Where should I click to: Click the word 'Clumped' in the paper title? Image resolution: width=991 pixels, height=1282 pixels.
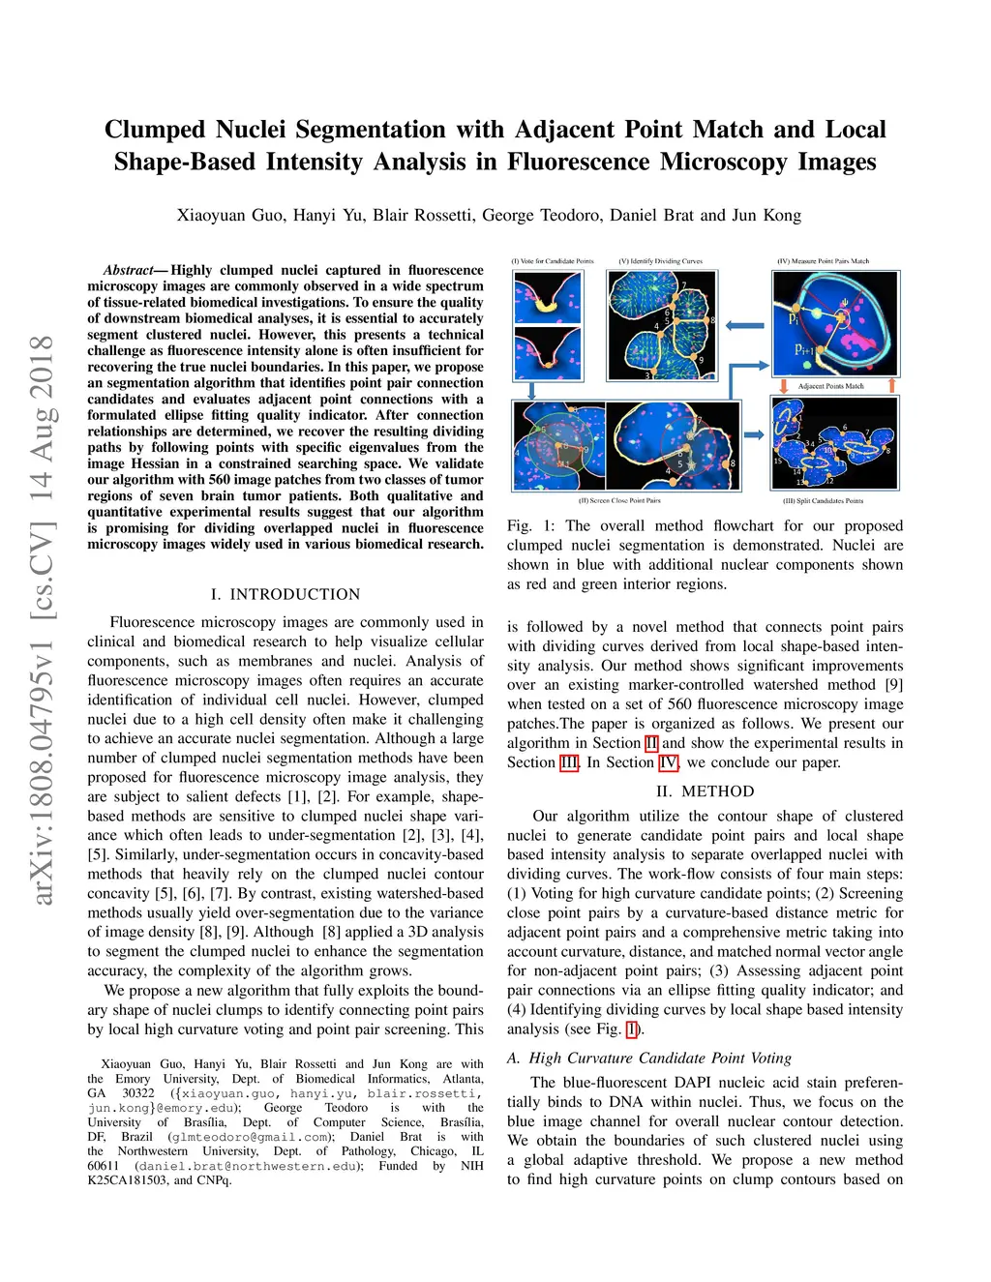pyautogui.click(x=155, y=130)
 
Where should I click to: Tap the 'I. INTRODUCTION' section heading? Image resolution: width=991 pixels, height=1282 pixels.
pyautogui.click(x=285, y=594)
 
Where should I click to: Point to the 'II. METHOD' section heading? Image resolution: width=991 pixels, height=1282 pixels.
pyautogui.click(x=705, y=791)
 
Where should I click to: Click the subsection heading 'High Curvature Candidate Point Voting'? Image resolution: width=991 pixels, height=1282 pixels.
pyautogui.click(x=660, y=1058)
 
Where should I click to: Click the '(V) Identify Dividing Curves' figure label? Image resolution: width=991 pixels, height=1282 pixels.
pyautogui.click(x=661, y=261)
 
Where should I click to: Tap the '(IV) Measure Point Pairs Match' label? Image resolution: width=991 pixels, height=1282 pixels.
pyautogui.click(x=823, y=261)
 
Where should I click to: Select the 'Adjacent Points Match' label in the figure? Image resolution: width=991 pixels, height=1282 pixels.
pyautogui.click(x=830, y=386)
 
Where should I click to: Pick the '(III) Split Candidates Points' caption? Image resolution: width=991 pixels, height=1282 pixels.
pyautogui.click(x=823, y=501)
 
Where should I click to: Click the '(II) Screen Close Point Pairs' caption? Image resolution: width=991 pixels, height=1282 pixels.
pyautogui.click(x=619, y=501)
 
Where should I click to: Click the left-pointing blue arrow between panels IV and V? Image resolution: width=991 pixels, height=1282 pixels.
pyautogui.click(x=744, y=325)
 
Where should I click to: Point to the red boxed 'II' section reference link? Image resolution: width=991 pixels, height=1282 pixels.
pyautogui.click(x=651, y=743)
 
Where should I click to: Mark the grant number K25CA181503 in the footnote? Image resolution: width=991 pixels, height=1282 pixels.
pyautogui.click(x=126, y=1180)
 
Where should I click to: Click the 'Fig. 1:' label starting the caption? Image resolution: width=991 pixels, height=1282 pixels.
pyautogui.click(x=531, y=525)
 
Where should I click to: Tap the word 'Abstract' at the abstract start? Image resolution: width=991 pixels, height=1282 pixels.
pyautogui.click(x=128, y=270)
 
